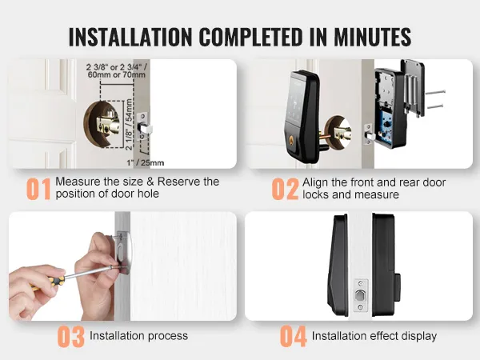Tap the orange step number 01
38,189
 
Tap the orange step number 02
285,189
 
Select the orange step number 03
70,336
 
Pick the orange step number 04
293,336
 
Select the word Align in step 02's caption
317,182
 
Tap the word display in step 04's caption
418,336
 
